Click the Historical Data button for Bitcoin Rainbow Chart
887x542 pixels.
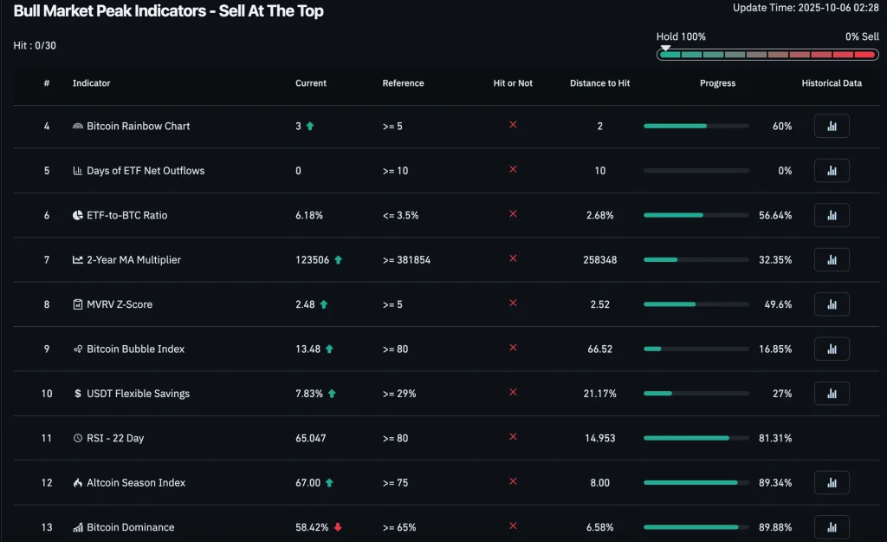click(x=832, y=127)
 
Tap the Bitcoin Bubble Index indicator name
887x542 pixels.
click(x=135, y=349)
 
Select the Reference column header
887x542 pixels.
click(x=403, y=83)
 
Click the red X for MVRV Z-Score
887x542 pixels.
click(x=513, y=303)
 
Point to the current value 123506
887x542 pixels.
click(x=312, y=260)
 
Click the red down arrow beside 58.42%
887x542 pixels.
click(x=338, y=527)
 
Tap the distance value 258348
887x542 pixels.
click(x=599, y=260)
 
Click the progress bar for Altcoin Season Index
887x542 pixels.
click(x=696, y=483)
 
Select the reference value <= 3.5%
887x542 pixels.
click(x=400, y=215)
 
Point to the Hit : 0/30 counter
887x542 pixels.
click(x=36, y=45)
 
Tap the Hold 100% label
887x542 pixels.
click(x=681, y=37)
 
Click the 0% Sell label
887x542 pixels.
click(x=862, y=37)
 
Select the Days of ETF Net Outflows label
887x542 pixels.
click(x=146, y=171)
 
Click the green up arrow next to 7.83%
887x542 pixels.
click(x=332, y=394)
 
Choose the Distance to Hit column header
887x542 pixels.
click(x=599, y=83)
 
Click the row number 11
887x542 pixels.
click(x=47, y=439)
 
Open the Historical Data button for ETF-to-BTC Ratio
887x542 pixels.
click(x=832, y=215)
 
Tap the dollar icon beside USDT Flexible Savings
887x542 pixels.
click(x=78, y=394)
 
